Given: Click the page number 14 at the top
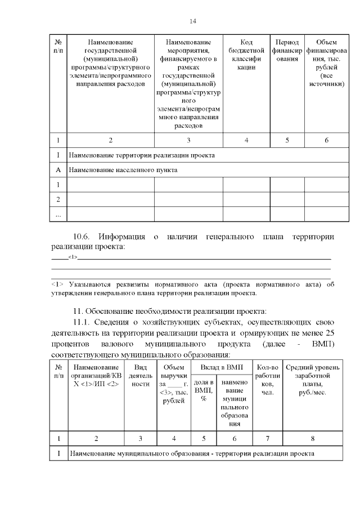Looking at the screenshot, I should click(x=193, y=21).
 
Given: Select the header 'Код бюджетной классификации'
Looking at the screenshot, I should click(x=246, y=55).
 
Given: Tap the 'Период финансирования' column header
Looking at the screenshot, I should click(x=287, y=51).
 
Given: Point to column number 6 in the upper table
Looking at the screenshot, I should click(x=326, y=140).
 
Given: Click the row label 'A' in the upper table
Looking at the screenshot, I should click(x=58, y=169).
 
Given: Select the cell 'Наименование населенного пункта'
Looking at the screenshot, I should click(x=123, y=169).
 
